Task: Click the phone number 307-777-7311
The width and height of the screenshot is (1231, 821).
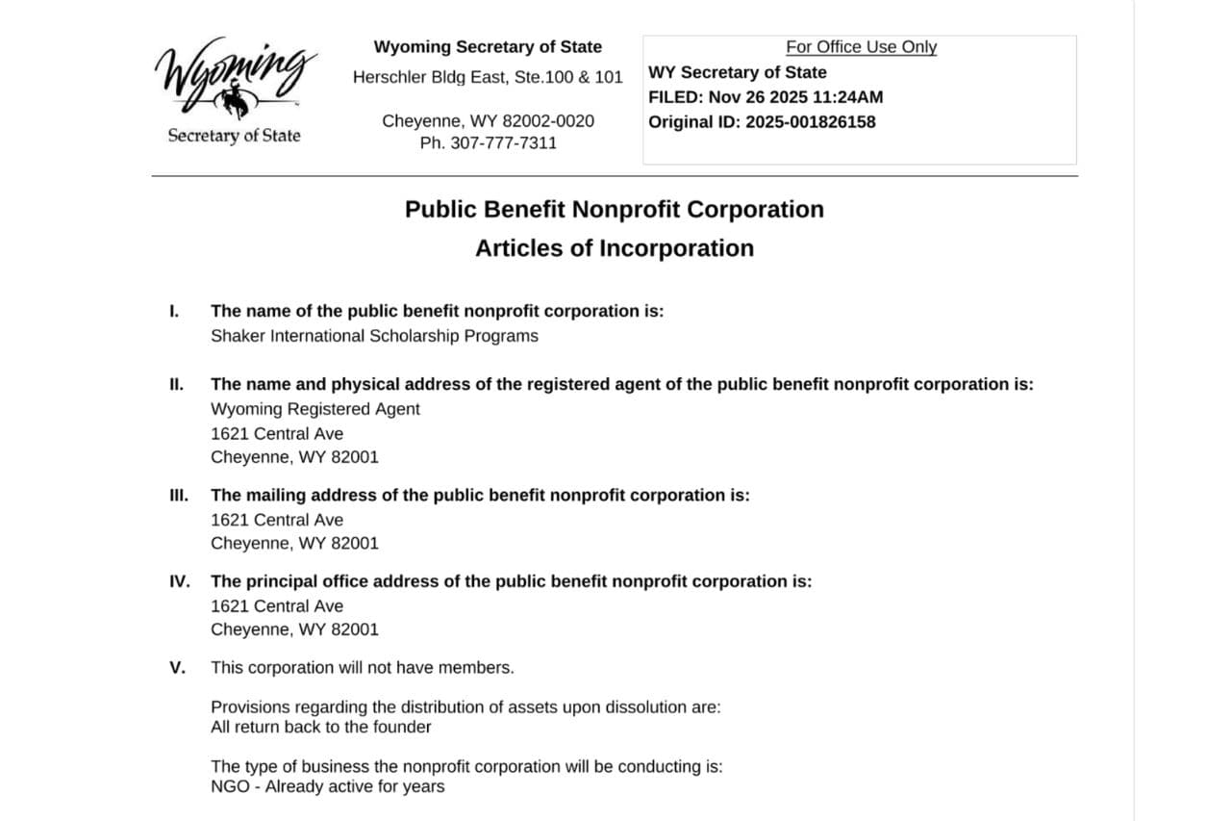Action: point(503,143)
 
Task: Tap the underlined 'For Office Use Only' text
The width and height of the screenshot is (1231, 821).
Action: point(861,47)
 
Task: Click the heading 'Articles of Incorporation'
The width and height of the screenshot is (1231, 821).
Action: point(615,248)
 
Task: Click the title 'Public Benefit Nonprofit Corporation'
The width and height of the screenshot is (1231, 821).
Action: point(615,210)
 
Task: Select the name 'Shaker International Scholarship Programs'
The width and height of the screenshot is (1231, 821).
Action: point(374,336)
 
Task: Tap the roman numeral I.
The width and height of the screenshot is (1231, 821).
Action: point(174,311)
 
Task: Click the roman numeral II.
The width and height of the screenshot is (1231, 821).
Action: point(176,384)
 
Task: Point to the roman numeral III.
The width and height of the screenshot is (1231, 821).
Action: point(178,495)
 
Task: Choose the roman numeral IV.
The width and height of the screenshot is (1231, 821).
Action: point(180,581)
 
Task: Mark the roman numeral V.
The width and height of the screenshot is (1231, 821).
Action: point(177,668)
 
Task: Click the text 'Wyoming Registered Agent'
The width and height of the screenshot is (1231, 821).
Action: point(315,409)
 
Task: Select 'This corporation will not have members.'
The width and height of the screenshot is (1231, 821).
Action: point(363,668)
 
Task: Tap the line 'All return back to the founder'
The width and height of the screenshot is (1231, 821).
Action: point(320,728)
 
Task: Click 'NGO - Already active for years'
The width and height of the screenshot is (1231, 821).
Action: point(328,787)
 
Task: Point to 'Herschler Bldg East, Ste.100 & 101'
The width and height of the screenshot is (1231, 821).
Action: point(488,77)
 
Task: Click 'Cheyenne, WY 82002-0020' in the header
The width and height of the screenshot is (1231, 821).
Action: point(488,121)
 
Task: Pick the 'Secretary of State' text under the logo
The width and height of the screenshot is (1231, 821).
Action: point(234,136)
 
